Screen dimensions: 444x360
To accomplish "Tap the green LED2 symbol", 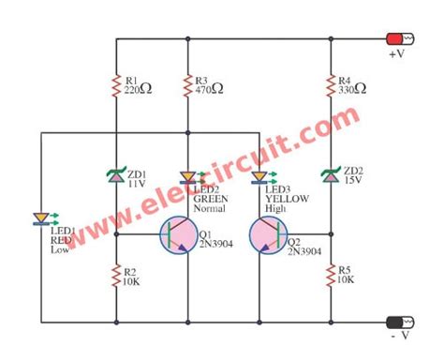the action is tap(187, 175).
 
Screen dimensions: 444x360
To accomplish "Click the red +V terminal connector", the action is tap(399, 39).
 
